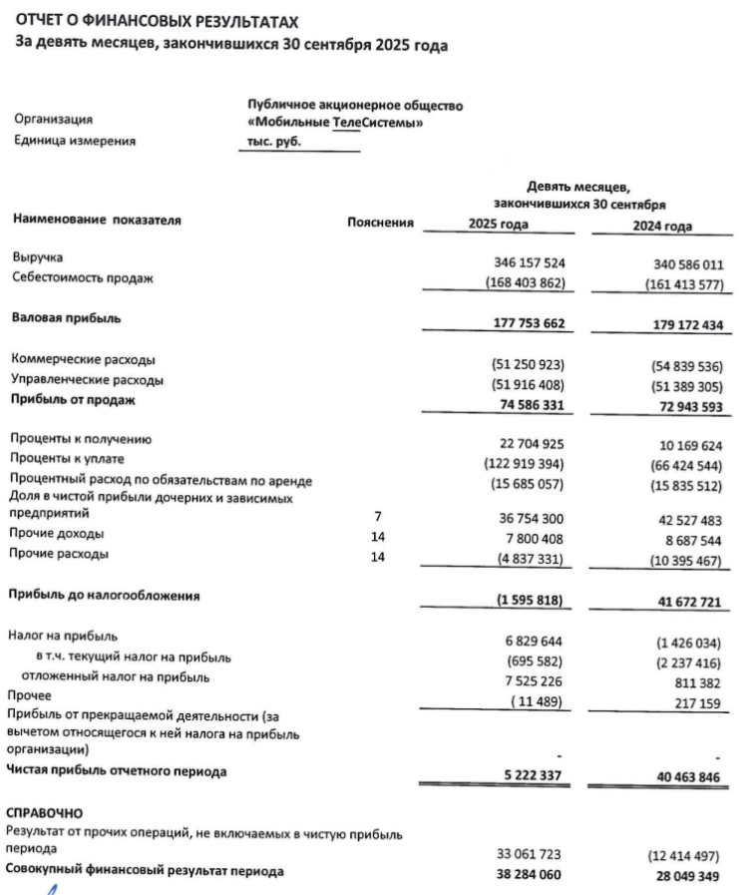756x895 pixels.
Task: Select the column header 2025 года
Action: pos(498,224)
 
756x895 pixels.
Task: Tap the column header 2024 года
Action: pos(661,226)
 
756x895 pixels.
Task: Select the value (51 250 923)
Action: pos(522,364)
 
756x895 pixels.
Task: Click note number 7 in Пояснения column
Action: pos(377,516)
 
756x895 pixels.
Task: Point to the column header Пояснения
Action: pos(380,223)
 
